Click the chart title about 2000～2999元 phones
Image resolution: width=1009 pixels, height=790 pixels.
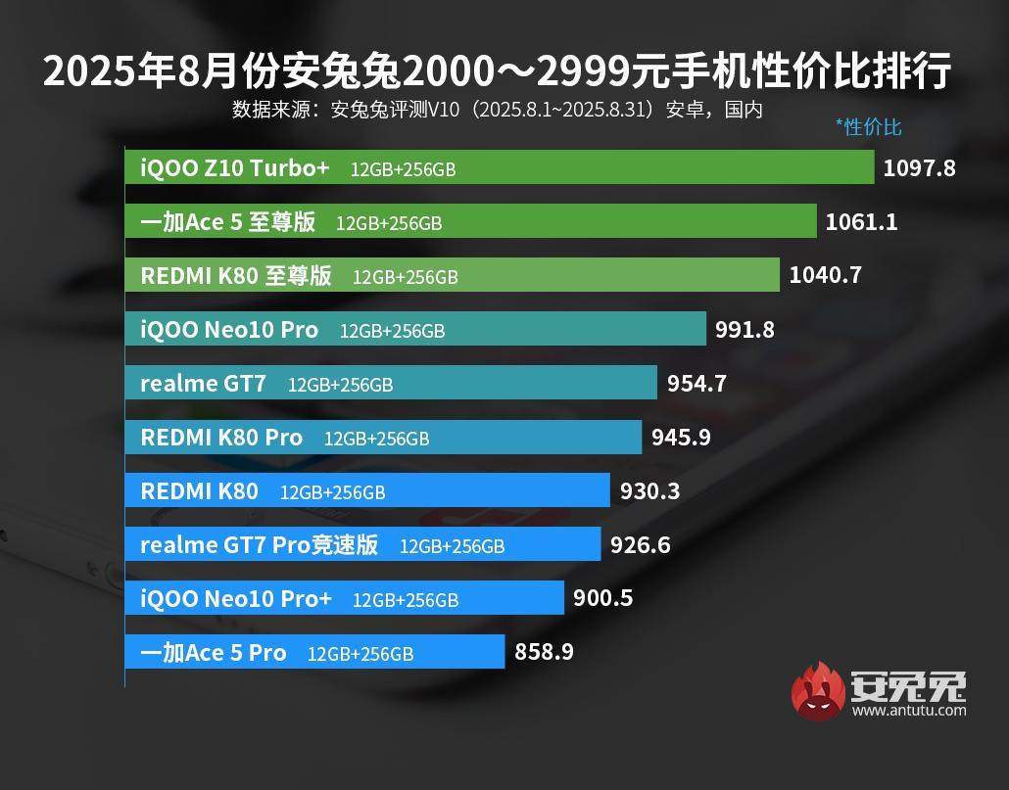coord(497,71)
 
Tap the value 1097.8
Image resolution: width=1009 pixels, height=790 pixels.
coord(919,167)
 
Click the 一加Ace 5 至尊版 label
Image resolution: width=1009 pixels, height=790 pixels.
coord(228,222)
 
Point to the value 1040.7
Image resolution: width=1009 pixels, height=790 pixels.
coord(825,275)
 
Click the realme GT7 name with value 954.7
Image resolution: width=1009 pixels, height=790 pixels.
coord(203,384)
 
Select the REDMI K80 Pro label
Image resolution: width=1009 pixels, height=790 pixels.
coord(221,438)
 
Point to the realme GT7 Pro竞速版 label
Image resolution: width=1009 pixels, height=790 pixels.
coord(260,545)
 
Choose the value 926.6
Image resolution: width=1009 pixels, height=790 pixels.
coord(640,544)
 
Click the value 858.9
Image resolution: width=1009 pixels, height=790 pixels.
coord(544,652)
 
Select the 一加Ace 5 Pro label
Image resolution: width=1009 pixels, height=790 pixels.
coord(214,653)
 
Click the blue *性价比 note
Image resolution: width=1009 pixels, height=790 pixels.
coord(868,126)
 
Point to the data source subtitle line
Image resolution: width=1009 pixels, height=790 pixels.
coord(497,109)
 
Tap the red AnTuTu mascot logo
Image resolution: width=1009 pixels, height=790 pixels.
coord(818,691)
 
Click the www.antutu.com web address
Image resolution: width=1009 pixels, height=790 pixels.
coord(908,711)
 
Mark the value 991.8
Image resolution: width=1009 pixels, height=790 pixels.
coord(745,329)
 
